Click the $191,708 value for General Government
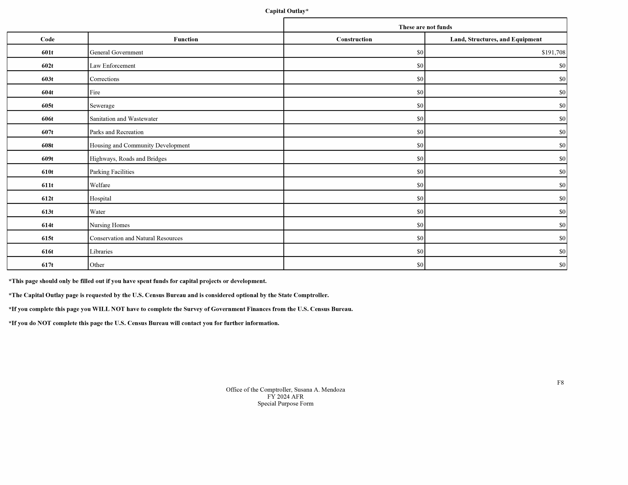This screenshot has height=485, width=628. (553, 52)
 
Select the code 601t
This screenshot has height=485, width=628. (47, 52)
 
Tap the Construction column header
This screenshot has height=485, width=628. (354, 39)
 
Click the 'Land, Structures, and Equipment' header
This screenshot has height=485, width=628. (496, 39)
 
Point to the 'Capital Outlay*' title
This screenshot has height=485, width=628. (286, 11)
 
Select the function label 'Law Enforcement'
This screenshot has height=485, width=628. (112, 66)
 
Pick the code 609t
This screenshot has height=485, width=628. (47, 159)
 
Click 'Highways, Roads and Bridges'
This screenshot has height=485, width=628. (128, 159)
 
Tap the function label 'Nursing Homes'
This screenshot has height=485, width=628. (110, 225)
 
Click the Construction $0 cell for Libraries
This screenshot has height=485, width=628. (420, 252)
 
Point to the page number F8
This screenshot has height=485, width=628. (560, 383)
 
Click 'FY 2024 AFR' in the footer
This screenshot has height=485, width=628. (285, 397)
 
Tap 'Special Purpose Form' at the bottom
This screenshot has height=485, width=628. (285, 404)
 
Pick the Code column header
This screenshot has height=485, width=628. (47, 39)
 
